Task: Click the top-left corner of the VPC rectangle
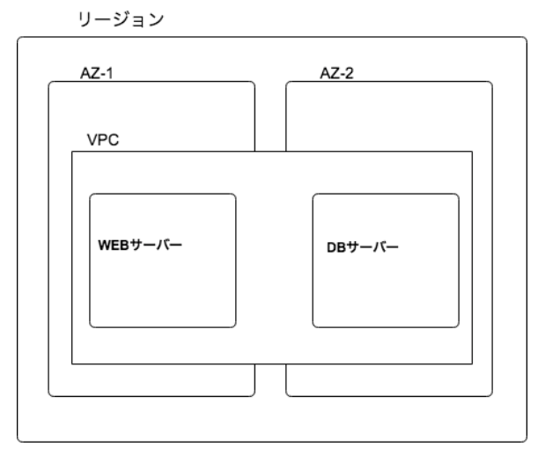(x=72, y=151)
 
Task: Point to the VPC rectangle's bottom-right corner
(x=473, y=363)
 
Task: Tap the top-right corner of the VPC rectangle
(x=473, y=151)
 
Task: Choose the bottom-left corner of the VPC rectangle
(x=72, y=363)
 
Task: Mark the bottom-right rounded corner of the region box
(x=523, y=437)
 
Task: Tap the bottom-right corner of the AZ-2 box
(x=490, y=393)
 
